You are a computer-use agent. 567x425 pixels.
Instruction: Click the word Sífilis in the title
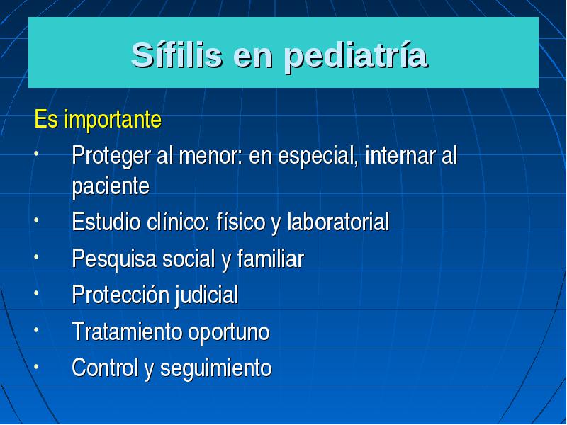pyautogui.click(x=176, y=55)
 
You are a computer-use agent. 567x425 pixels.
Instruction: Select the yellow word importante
pyautogui.click(x=113, y=119)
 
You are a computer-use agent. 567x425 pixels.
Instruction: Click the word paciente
pyautogui.click(x=111, y=187)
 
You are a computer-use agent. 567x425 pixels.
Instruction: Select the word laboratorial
pyautogui.click(x=338, y=221)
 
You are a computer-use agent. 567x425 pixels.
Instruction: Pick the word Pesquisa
pyautogui.click(x=114, y=259)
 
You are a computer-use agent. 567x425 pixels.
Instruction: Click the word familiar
pyautogui.click(x=271, y=259)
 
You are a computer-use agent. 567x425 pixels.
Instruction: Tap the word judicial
pyautogui.click(x=207, y=295)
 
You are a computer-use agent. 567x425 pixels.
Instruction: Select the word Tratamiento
pyautogui.click(x=128, y=331)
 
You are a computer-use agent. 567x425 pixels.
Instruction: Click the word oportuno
pyautogui.click(x=229, y=332)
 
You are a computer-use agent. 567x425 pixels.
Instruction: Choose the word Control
pyautogui.click(x=105, y=368)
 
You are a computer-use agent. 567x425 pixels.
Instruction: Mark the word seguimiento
pyautogui.click(x=216, y=368)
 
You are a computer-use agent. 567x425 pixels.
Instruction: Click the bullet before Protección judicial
pyautogui.click(x=36, y=293)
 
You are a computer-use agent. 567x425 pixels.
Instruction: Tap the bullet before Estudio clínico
pyautogui.click(x=36, y=220)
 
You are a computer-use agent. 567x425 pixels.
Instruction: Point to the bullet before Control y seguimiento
pyautogui.click(x=36, y=366)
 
